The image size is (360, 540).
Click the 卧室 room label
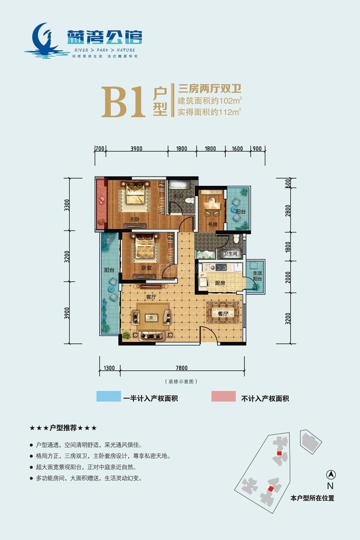(146, 267)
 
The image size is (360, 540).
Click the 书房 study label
(212, 225)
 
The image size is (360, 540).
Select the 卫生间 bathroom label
(231, 253)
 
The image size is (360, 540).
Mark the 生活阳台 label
(256, 276)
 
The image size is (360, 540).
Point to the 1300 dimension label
(108, 368)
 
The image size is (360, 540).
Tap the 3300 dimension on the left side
(67, 205)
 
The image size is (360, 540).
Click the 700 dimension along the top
(100, 148)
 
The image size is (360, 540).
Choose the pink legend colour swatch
(223, 398)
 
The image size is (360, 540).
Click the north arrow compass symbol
(331, 475)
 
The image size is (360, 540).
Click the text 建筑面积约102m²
(209, 100)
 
